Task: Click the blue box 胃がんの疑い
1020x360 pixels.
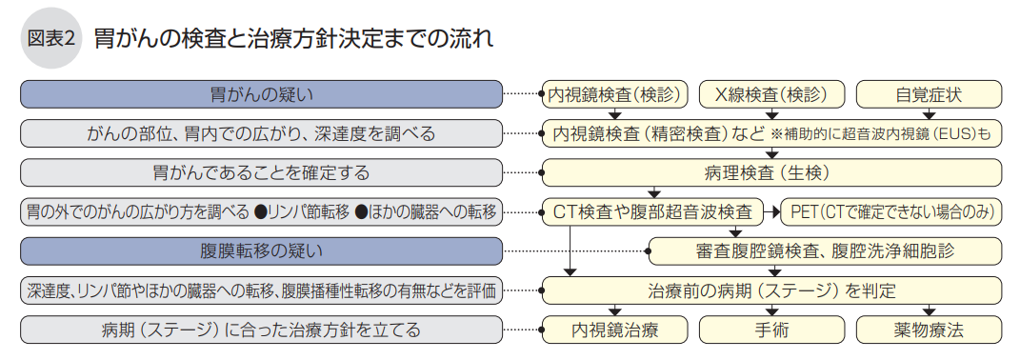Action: [261, 94]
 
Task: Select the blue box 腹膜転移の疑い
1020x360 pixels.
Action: [261, 251]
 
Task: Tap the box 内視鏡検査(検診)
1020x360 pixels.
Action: [614, 94]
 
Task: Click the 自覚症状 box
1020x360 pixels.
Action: [929, 94]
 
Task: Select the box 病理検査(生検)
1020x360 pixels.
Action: [771, 172]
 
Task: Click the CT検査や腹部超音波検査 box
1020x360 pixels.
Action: [653, 211]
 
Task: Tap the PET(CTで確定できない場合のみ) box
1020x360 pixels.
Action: [891, 211]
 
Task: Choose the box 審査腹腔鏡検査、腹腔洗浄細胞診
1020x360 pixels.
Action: [825, 251]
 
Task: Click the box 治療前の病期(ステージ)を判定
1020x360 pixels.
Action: [771, 290]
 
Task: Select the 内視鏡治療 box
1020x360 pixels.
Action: [614, 330]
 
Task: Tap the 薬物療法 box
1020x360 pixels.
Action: [929, 330]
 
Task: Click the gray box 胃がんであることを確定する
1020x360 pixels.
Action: [261, 172]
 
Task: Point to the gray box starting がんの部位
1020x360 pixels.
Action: [261, 133]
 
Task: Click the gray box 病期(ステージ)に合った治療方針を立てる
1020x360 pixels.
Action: [261, 330]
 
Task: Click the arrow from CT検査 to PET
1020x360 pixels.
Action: [772, 211]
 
